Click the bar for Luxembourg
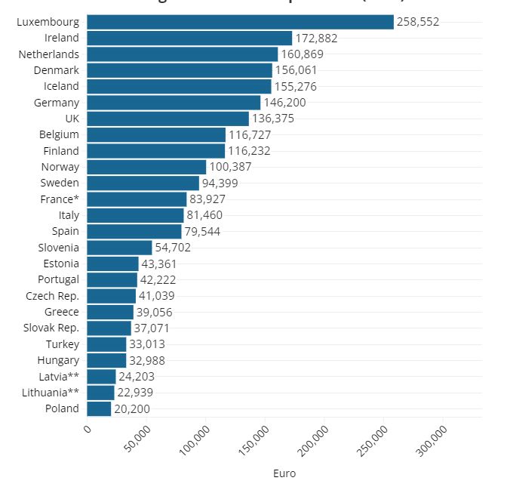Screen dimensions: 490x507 coord(240,22)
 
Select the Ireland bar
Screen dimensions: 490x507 coord(189,38)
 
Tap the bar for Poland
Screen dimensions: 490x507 coord(99,408)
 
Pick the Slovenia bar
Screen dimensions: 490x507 coord(119,248)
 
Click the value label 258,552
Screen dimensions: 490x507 coord(418,22)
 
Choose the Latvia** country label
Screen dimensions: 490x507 coord(59,376)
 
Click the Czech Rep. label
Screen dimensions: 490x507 coord(52,296)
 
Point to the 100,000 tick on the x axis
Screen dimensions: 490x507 coord(192,441)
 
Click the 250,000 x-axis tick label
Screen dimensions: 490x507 coord(370,441)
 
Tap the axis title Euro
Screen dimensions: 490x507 coord(284,474)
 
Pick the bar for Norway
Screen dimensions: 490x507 coord(146,167)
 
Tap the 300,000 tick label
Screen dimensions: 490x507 coord(430,441)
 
